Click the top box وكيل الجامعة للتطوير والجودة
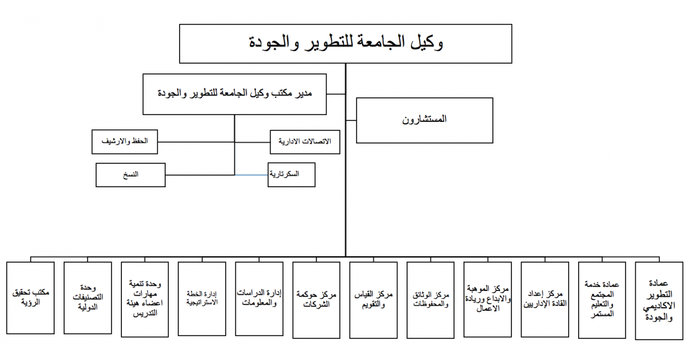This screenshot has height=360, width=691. point(346,44)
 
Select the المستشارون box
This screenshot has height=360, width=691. point(424,120)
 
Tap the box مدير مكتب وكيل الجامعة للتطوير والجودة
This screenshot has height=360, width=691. point(235,94)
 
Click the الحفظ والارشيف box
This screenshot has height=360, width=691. point(125,142)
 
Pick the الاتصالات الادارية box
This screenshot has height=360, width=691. point(305,142)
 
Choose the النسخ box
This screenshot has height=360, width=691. point(130,175)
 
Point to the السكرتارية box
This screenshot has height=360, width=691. point(291,175)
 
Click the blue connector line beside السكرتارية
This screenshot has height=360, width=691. point(251,175)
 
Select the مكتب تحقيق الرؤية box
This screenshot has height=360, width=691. point(31,298)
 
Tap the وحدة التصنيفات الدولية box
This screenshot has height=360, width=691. point(88,298)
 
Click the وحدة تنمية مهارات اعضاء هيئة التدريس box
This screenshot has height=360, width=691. point(145,299)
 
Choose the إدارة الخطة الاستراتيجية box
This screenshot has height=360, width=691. point(202,299)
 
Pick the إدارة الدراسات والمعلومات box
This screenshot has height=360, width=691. point(259,299)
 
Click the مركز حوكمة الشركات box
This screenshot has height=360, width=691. point(316,300)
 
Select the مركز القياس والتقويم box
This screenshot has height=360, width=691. point(373,300)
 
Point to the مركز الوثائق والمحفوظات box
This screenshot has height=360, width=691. point(430,300)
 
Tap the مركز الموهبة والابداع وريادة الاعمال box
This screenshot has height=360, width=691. point(488,299)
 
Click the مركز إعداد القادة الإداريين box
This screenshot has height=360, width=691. point(545,299)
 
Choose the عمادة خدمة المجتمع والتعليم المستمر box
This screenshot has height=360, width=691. point(602,300)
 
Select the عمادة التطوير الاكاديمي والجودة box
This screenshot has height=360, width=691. point(659,301)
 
